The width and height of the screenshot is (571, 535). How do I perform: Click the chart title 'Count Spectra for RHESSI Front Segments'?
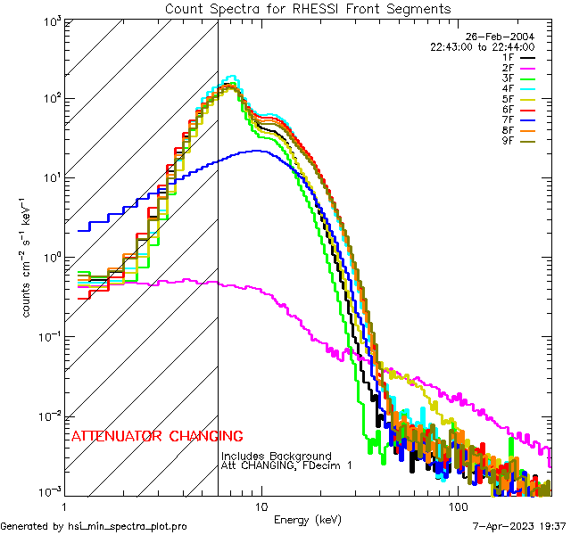[x=308, y=8]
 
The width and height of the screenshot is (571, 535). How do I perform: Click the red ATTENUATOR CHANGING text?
[x=157, y=437]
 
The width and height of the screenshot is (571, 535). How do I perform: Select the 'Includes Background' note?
[x=277, y=456]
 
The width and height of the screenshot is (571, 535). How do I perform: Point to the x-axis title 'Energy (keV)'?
[x=308, y=519]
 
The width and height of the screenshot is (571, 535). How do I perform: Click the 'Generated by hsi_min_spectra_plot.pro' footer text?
[x=94, y=527]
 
